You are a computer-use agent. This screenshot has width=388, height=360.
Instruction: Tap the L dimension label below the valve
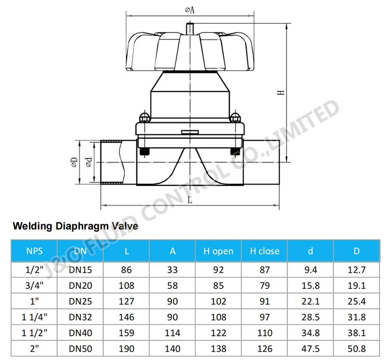click(190, 200)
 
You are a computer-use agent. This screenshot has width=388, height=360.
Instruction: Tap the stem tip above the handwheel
click(190, 26)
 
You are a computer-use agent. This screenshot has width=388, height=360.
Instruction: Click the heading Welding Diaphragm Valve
click(75, 226)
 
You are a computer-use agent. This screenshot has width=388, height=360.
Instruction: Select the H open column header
click(219, 251)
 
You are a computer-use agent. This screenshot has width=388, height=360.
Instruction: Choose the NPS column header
click(34, 251)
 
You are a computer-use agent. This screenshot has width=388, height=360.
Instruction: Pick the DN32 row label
click(81, 317)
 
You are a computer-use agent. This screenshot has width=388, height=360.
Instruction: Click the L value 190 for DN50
click(126, 348)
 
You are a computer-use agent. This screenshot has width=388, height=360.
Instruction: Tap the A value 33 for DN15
click(172, 270)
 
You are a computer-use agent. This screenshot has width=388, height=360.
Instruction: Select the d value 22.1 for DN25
click(310, 301)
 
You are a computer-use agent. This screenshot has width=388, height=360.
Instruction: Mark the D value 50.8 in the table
click(357, 348)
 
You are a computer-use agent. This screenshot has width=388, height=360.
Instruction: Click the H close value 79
click(265, 286)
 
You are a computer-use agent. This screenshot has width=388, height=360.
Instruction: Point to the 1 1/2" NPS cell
click(34, 333)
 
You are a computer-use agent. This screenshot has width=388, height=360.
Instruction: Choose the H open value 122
click(219, 333)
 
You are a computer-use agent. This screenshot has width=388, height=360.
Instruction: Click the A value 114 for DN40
click(172, 333)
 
